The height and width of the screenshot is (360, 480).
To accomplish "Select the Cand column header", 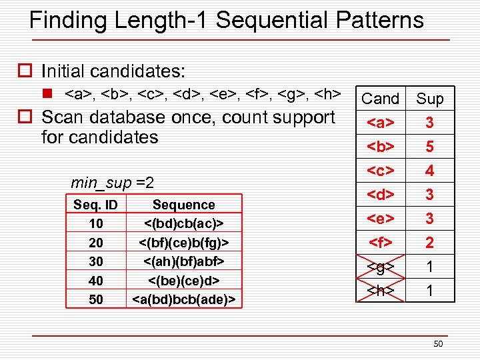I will pyautogui.click(x=380, y=99).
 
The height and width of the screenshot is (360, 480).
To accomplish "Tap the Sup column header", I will pyautogui.click(x=430, y=99).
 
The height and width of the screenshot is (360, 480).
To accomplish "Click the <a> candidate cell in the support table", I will pyautogui.click(x=380, y=123).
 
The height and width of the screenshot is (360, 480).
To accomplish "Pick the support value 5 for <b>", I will pyautogui.click(x=430, y=147).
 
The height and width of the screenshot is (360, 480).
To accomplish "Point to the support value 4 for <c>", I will pyautogui.click(x=430, y=171).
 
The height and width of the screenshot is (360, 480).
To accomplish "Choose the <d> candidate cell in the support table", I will pyautogui.click(x=380, y=195).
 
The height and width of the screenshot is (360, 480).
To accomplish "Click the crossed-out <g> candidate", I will pyautogui.click(x=380, y=267).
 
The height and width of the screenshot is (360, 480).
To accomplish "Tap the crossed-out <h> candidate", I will pyautogui.click(x=380, y=291).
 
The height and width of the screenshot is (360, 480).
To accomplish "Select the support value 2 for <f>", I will pyautogui.click(x=430, y=243).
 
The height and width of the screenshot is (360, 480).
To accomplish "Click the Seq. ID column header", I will pyautogui.click(x=96, y=205).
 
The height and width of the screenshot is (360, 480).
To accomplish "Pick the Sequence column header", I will pyautogui.click(x=183, y=205).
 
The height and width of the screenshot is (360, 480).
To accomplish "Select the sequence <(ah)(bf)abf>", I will pyautogui.click(x=183, y=261).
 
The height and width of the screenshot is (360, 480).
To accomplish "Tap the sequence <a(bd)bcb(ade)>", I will pyautogui.click(x=183, y=299).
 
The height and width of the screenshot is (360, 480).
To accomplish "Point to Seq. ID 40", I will pyautogui.click(x=96, y=281).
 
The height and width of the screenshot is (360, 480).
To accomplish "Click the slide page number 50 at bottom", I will pyautogui.click(x=437, y=344).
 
